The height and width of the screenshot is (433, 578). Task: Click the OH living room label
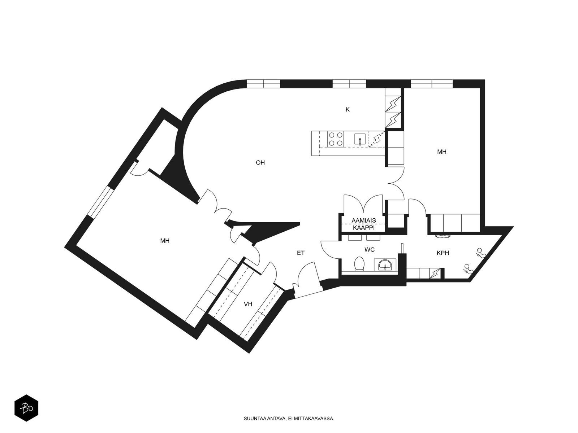[260, 163]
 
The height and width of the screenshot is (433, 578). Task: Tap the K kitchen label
[348, 110]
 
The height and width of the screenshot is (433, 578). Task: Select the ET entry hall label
[301, 253]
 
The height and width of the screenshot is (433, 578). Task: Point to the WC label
[370, 249]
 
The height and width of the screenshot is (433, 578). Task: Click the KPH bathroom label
[443, 253]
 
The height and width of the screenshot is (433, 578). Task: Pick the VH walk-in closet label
[248, 304]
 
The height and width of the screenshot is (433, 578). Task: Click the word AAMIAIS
[364, 220]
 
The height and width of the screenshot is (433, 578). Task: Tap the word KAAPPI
[364, 228]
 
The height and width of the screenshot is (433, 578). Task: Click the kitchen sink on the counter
[360, 139]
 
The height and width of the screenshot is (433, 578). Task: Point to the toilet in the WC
[359, 264]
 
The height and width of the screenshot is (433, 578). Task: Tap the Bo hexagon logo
[26, 408]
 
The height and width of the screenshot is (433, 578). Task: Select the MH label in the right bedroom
[441, 152]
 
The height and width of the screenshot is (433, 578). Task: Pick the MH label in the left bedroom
[165, 241]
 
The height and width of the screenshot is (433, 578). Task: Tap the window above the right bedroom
[432, 84]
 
